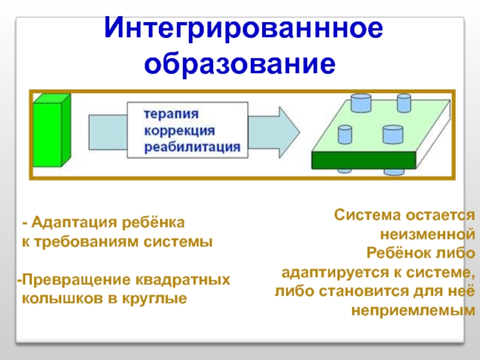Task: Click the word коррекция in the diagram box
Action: [x=179, y=130]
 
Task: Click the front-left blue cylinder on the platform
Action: [x=346, y=134]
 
